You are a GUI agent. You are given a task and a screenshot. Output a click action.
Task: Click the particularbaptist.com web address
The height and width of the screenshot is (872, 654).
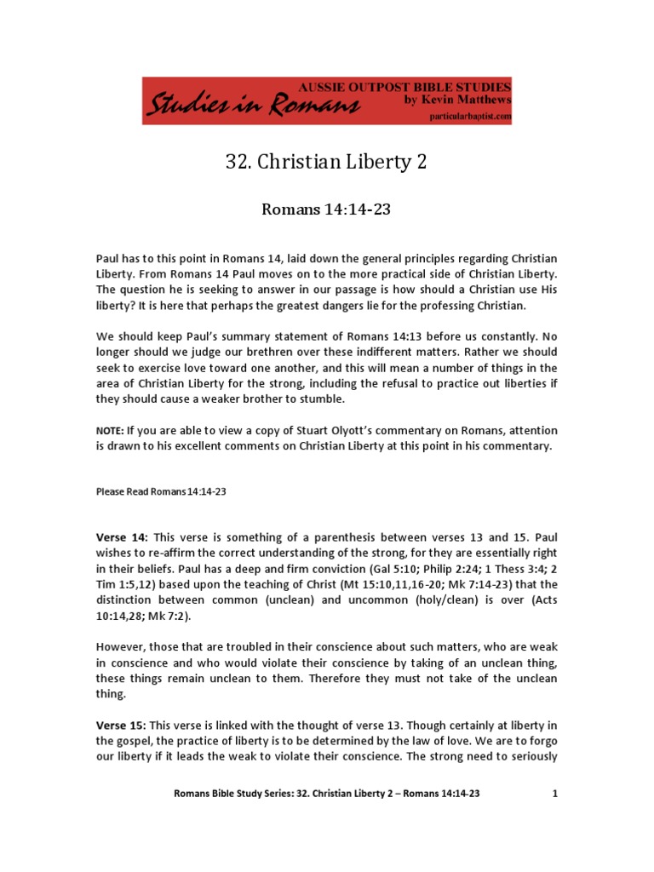click(x=468, y=116)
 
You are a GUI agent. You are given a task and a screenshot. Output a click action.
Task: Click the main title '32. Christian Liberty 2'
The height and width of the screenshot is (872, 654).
click(x=326, y=163)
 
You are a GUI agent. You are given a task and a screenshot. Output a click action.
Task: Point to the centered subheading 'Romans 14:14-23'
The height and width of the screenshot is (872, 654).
click(x=326, y=209)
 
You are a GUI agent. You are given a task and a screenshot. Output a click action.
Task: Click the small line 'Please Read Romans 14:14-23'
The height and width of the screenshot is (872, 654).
click(x=160, y=491)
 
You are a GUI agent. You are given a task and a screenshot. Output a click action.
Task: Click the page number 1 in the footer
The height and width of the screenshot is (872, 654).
click(x=554, y=793)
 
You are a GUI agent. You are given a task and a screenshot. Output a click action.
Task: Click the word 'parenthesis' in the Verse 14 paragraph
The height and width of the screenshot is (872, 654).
click(x=317, y=537)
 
